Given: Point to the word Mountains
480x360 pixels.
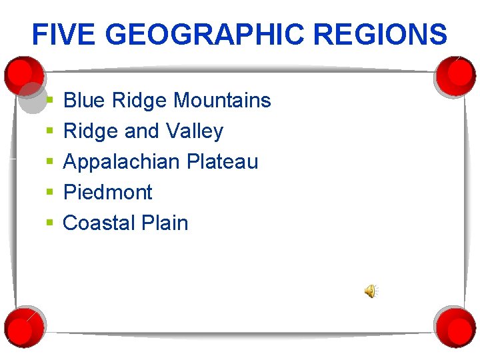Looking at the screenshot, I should [x=222, y=101].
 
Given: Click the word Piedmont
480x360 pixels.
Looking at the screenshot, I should [x=107, y=193].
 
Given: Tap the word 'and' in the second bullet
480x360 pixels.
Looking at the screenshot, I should [x=141, y=131].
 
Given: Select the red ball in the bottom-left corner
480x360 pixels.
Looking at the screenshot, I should [x=24, y=326].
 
